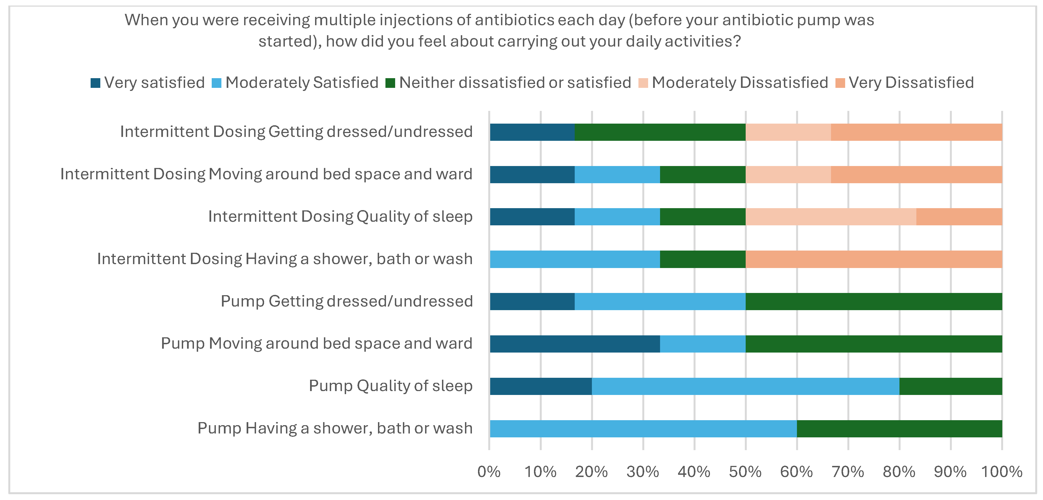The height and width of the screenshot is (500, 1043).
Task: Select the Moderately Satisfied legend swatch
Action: [x=217, y=83]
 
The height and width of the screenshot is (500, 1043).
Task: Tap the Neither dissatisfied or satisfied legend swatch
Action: [x=390, y=83]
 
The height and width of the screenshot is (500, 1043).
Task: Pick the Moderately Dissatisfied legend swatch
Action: [x=643, y=83]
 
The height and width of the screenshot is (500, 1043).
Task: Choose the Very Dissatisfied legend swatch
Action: [x=840, y=83]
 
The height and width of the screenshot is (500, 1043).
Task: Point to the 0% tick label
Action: [x=489, y=472]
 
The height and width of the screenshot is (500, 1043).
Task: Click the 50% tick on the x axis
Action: [x=745, y=472]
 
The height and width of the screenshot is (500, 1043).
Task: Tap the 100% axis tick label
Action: [x=1002, y=472]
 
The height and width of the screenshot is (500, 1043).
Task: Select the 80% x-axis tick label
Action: [x=899, y=472]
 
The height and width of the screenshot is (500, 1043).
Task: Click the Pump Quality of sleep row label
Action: [x=391, y=386]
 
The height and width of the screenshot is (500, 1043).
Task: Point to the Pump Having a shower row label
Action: [x=335, y=428]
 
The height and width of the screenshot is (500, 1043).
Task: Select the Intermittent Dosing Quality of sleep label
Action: [x=340, y=216]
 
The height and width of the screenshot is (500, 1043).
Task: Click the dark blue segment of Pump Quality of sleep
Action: [x=541, y=386]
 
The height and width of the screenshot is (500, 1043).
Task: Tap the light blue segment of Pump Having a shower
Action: [x=643, y=429]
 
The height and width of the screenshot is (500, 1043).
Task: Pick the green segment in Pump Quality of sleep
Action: [x=951, y=386]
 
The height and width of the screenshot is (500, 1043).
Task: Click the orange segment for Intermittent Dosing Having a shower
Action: [x=874, y=259]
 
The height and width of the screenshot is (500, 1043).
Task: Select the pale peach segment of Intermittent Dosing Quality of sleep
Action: [x=831, y=216]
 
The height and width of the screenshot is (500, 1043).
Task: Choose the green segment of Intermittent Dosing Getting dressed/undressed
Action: [x=660, y=132]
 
